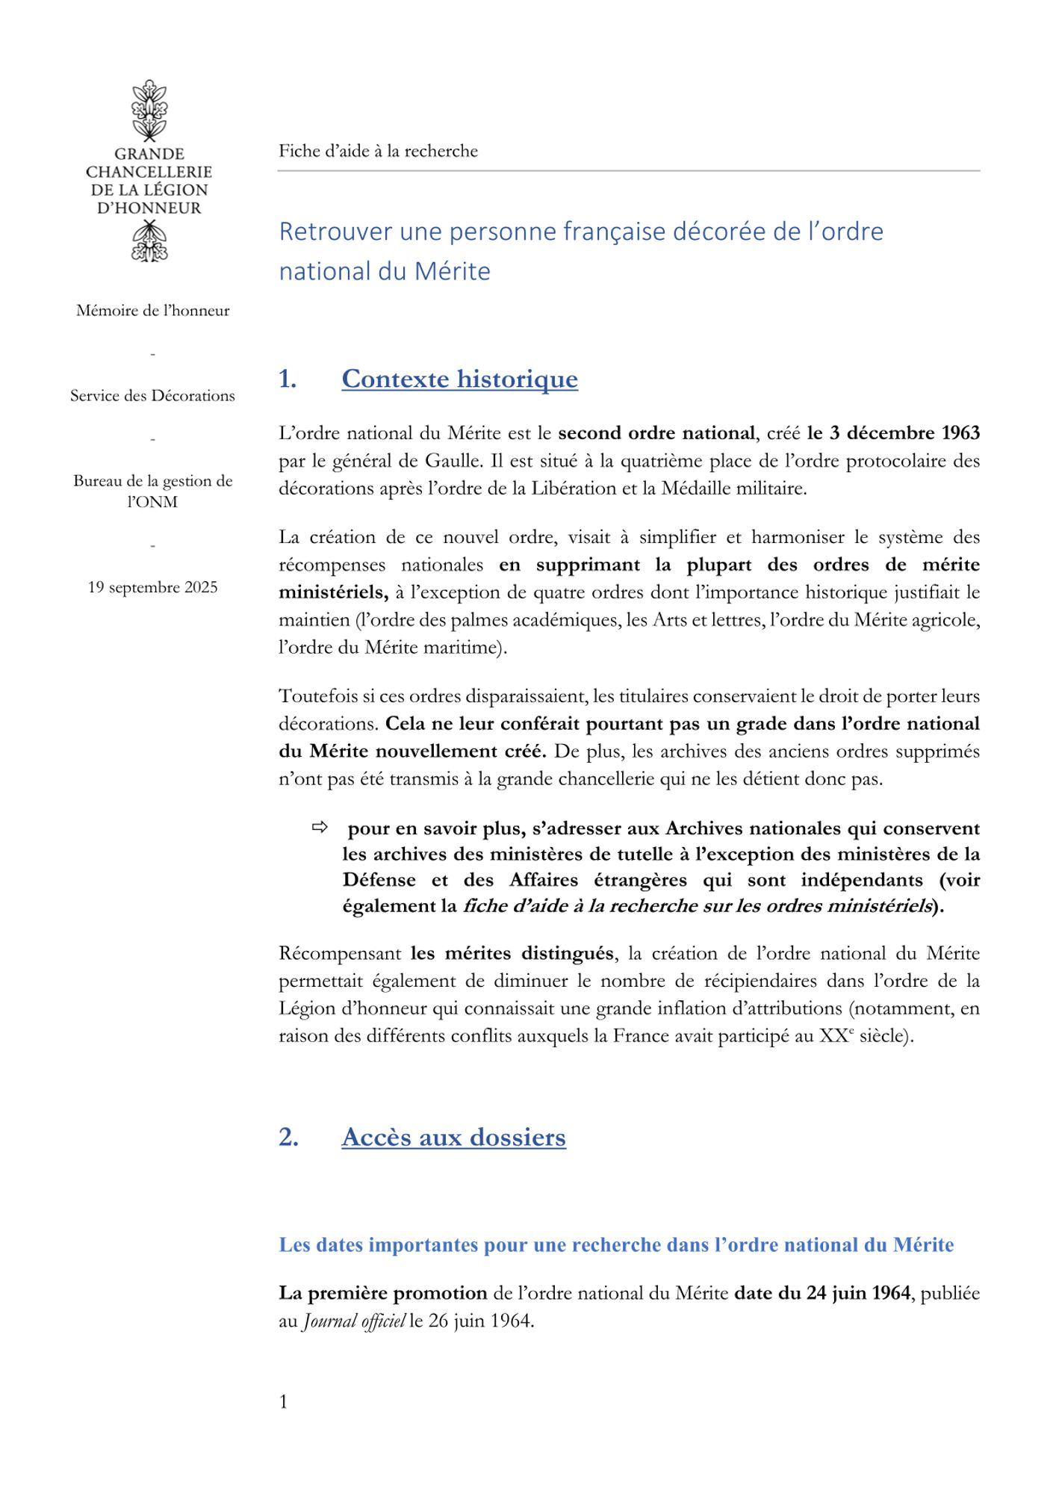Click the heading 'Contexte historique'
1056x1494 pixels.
(459, 379)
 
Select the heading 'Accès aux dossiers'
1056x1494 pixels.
(453, 1138)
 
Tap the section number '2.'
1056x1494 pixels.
(288, 1138)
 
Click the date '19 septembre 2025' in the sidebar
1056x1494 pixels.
(153, 588)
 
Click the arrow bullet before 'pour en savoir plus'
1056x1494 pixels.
(320, 828)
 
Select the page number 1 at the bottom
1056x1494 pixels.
(283, 1402)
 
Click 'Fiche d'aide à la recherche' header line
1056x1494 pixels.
(378, 151)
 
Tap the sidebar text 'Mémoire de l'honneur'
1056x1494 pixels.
(153, 311)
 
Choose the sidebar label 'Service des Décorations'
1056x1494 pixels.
(153, 396)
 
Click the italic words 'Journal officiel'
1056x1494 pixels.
(354, 1321)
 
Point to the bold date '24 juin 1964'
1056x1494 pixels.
(858, 1293)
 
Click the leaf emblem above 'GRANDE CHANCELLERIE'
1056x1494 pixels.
(149, 111)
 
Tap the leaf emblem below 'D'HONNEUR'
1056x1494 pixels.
(149, 242)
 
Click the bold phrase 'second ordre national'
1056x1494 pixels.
(656, 433)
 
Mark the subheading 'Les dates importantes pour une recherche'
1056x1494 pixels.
(616, 1245)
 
